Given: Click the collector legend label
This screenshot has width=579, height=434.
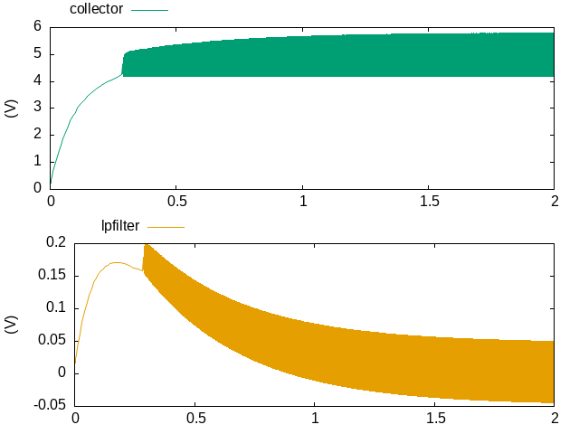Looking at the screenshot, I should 96,9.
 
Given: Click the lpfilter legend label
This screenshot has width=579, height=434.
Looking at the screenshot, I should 119,226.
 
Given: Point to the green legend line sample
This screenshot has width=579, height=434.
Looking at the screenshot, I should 150,9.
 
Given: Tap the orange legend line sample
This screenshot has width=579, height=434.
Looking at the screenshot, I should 166,226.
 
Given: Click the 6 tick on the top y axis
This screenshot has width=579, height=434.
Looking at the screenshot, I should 37,26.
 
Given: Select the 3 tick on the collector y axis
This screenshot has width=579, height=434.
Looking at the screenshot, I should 37,108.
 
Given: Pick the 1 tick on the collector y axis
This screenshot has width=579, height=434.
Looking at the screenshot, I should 37,161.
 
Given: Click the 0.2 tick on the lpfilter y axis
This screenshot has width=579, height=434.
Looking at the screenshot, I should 56,241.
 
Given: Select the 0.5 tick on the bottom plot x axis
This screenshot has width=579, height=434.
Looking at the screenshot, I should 195,418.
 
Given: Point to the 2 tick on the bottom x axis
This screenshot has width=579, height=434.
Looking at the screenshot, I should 554,418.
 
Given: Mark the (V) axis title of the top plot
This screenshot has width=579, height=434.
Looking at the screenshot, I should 12,108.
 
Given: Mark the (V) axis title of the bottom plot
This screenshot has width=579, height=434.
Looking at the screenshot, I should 12,323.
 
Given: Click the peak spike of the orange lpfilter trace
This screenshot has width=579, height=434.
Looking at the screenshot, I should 146,245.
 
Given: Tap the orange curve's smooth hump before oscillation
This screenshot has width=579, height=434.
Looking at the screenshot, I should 116,262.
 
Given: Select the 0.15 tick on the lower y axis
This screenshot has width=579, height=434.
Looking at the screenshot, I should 52,275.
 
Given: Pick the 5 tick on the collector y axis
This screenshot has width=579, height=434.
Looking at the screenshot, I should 37,53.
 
